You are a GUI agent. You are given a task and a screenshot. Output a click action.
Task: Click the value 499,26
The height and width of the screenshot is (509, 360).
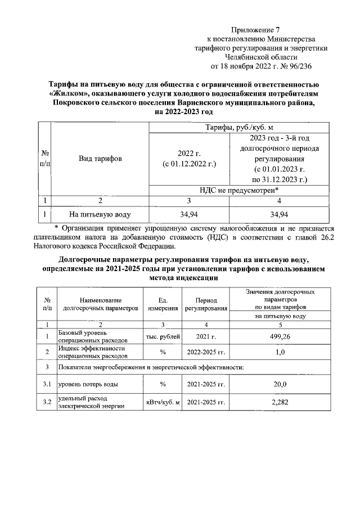(280, 336)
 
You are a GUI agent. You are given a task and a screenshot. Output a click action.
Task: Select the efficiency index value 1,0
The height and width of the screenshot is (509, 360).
(280, 352)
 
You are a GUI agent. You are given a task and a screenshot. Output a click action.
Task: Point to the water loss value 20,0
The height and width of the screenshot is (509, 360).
(280, 384)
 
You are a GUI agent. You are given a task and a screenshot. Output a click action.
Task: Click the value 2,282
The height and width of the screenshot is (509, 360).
(280, 402)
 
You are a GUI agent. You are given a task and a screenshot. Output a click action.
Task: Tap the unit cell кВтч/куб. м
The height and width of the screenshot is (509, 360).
(163, 403)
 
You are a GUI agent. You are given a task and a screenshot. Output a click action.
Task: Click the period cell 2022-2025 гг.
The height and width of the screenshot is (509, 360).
(206, 352)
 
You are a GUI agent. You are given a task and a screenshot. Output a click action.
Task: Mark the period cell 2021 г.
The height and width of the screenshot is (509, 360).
(206, 336)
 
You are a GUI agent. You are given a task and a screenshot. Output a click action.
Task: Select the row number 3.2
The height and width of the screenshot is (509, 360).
(47, 402)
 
